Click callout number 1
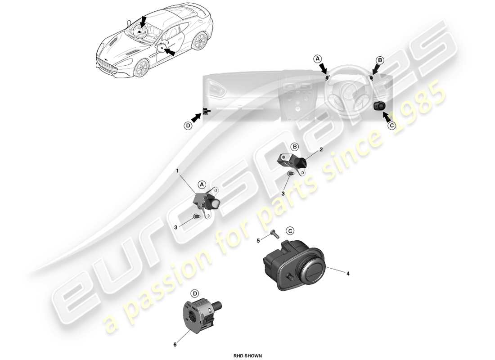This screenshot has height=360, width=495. pos(177,171)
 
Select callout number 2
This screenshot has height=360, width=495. pos(321,149)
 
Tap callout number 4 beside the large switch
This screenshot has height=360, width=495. pos(348,273)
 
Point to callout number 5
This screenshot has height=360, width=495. pos(258,241)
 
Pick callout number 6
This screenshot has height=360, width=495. pos(175,345)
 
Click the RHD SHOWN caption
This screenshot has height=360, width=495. pos(247,355)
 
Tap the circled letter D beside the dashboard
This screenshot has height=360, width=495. pos(188,126)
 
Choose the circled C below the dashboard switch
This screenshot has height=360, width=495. pos(391,126)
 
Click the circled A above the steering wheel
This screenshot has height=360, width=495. pos(318,59)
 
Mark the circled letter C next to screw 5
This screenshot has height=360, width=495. pos(290,231)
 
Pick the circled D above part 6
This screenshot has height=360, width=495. pos(195,293)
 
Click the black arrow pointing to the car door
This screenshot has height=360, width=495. pos(169,51)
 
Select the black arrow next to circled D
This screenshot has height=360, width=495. pos(196,118)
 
